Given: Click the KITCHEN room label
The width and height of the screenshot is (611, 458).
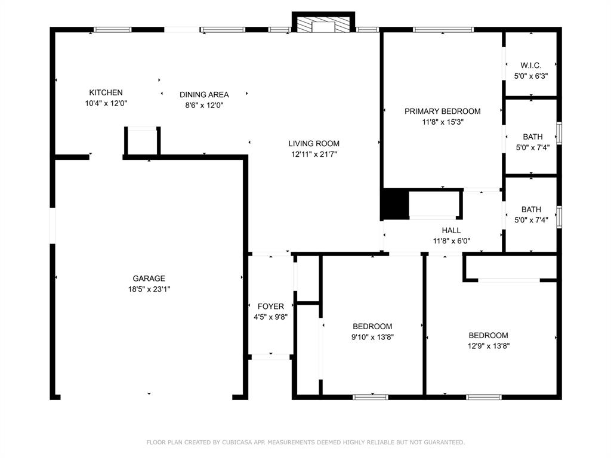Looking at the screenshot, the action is pos(106,92).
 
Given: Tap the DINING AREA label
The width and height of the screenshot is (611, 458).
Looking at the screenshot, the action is pos(204,95).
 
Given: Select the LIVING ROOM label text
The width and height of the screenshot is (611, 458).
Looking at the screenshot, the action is pos(314,144).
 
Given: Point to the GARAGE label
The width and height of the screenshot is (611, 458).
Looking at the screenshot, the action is pos(149,278).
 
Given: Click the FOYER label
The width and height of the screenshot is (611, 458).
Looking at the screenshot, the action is pos(271,307).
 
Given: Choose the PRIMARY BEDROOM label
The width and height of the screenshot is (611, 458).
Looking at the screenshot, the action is pos(442,112).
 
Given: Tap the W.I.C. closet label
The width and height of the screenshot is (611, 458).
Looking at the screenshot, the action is pos(530,66).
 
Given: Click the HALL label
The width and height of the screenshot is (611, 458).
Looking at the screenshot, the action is pos(451,231).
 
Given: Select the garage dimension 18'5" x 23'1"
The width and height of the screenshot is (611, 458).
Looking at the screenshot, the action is pos(149,289).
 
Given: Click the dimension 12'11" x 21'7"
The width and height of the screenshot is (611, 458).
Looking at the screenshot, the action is pos(314,154).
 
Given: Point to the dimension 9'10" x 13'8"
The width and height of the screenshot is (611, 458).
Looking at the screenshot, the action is pos(372,338).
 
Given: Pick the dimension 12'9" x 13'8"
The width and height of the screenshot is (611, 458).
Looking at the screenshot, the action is pos(489,346).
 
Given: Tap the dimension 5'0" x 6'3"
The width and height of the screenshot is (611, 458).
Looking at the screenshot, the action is pos(530,76).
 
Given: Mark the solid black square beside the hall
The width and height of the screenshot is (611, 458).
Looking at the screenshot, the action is pos(394,204).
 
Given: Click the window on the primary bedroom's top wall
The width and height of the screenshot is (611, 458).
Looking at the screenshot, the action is pos(443,30).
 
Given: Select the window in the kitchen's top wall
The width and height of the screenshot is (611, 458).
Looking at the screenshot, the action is pos(113,30).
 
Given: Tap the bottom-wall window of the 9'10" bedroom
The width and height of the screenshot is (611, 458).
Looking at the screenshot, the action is pos(370,397).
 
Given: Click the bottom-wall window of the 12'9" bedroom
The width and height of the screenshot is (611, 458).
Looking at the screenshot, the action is pos(483,397).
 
